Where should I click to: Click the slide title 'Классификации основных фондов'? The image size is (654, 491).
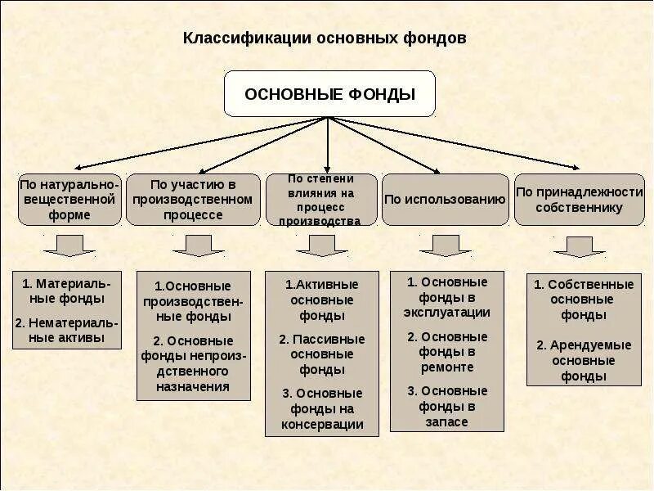coord(325,38)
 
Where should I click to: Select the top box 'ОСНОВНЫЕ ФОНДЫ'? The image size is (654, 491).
coord(329,94)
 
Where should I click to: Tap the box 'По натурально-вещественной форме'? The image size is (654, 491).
coord(69,199)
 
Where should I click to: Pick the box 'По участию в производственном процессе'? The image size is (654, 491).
coord(193,199)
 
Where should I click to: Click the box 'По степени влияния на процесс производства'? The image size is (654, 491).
coord(322,199)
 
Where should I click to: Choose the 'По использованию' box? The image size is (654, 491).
coord(445,199)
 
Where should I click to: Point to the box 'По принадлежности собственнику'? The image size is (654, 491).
coord(579,199)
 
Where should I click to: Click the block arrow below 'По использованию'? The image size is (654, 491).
coord(445,245)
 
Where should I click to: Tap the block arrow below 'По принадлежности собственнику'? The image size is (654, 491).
coord(579,246)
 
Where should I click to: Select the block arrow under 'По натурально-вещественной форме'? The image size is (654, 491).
coord(69,245)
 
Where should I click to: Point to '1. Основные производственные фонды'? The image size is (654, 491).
coord(193,300)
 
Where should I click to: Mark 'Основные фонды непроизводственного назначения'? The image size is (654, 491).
coord(193,363)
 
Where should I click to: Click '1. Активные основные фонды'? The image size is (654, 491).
coord(322,300)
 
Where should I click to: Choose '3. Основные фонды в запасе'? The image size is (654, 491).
coord(446,406)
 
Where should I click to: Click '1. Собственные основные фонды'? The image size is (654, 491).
coord(584,300)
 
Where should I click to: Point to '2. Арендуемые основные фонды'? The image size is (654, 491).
coord(584,360)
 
